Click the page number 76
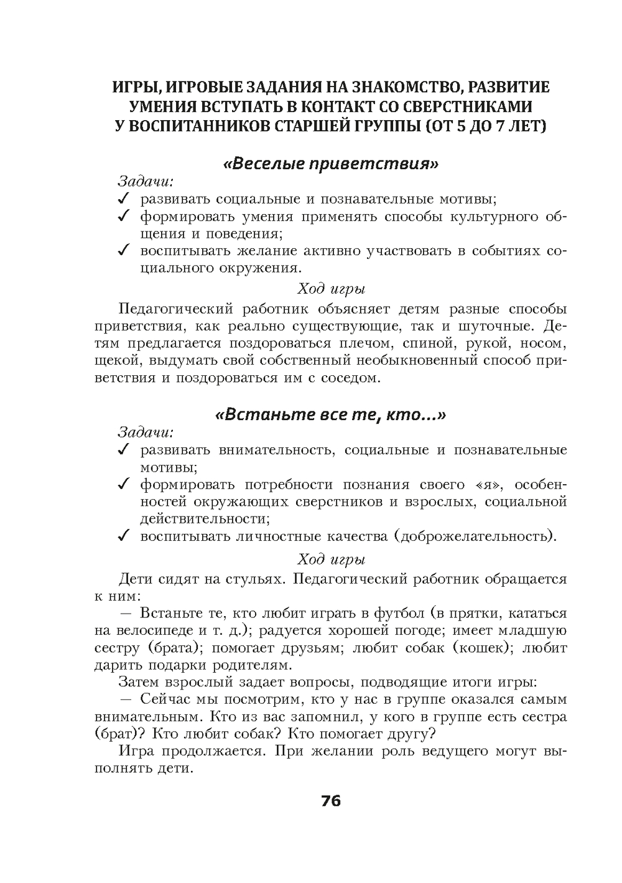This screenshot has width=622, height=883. pyautogui.click(x=331, y=800)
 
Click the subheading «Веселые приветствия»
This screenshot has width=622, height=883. pyautogui.click(x=330, y=164)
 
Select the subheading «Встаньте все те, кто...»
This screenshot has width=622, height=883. pyautogui.click(x=330, y=415)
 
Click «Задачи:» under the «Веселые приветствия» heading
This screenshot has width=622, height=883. pyautogui.click(x=146, y=182)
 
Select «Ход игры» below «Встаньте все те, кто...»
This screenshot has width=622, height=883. pyautogui.click(x=330, y=559)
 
